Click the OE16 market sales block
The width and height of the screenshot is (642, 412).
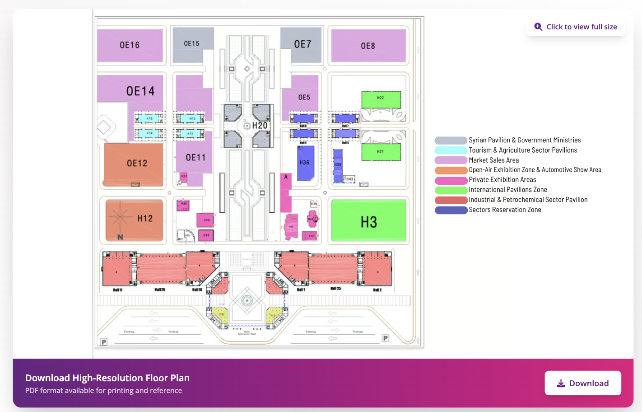(130, 45)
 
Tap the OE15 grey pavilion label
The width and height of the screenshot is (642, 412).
(191, 43)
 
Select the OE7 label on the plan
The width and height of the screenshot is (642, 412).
(302, 44)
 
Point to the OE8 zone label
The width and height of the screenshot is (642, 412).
(368, 46)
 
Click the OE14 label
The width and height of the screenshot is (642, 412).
(140, 91)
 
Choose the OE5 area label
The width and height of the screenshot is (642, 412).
(304, 97)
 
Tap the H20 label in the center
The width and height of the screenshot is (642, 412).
(260, 126)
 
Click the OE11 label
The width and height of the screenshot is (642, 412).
(195, 157)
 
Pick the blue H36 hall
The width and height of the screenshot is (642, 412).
(305, 163)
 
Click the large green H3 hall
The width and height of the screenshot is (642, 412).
(369, 222)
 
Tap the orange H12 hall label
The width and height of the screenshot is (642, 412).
(145, 219)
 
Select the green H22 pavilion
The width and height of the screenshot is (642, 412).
(381, 99)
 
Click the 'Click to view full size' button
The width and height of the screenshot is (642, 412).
(576, 27)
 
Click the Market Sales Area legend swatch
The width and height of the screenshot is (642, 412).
(451, 160)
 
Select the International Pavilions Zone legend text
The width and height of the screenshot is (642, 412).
(508, 190)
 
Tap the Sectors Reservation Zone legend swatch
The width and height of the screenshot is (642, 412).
(451, 210)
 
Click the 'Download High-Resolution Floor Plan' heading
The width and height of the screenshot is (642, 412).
(107, 378)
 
